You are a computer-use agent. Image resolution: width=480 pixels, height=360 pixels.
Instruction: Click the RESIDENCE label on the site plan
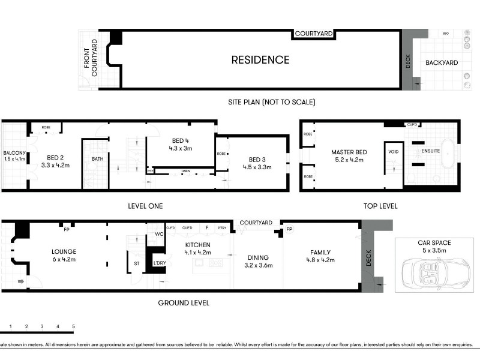(260, 60)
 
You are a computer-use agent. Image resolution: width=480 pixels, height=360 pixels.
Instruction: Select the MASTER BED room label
(349, 152)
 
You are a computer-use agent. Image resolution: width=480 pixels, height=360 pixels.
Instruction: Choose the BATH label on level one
(97, 159)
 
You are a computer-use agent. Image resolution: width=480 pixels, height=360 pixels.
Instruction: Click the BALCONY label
(14, 152)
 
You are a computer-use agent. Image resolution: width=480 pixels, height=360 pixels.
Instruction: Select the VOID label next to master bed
(394, 152)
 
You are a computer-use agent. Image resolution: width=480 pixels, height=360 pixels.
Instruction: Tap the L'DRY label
(159, 263)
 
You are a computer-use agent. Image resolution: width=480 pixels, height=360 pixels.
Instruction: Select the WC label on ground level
(158, 234)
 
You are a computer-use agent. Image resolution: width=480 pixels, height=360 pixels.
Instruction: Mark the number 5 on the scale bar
(73, 326)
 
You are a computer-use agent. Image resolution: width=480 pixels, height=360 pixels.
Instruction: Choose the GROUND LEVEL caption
(184, 303)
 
